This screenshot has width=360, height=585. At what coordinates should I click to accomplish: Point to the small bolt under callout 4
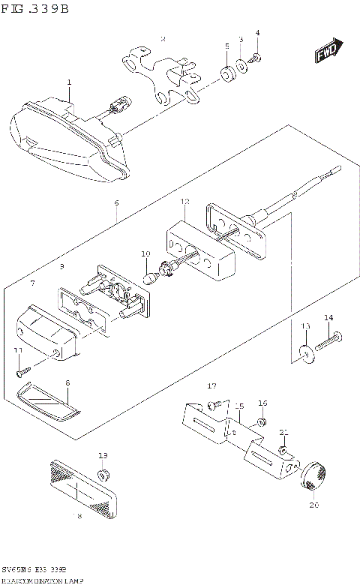(x=257, y=58)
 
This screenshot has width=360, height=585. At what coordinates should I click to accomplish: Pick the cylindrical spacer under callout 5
(x=226, y=74)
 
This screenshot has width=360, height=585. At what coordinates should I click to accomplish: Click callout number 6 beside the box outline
(x=116, y=202)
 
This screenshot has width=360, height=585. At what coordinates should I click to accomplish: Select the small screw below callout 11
(x=20, y=370)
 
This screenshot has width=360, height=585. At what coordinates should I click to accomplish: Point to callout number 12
(x=185, y=202)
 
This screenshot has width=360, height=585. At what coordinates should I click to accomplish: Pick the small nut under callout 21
(x=283, y=450)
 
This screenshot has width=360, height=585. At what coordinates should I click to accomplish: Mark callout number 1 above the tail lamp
(x=68, y=82)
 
